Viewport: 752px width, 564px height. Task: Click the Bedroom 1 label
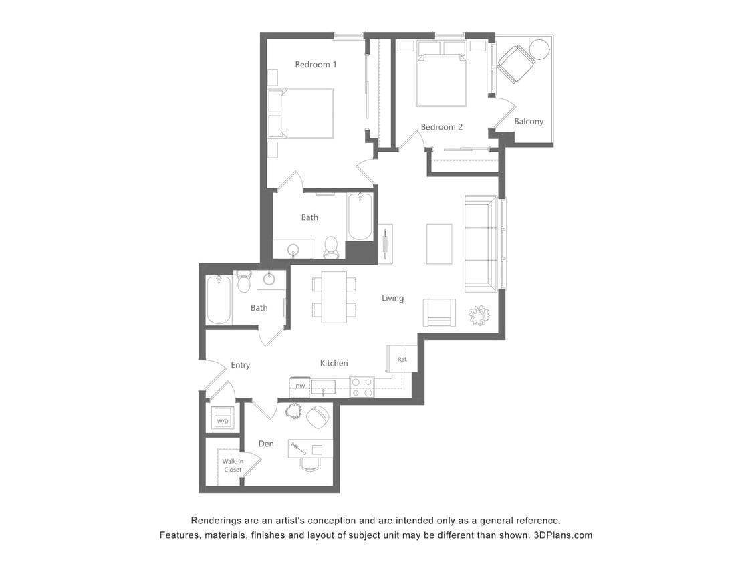pos(316,65)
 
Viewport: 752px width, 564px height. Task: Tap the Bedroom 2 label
pos(441,127)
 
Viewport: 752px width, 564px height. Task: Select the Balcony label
pos(529,122)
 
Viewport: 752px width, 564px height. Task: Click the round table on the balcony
pos(539,49)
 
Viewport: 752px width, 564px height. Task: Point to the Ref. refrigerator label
pos(402,360)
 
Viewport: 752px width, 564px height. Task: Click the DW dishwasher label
pos(300,387)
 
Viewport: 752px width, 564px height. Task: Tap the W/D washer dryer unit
pos(223,418)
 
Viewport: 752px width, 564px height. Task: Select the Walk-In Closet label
pos(233,465)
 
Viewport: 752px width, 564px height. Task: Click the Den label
pos(266,444)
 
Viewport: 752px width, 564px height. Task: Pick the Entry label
pos(240,365)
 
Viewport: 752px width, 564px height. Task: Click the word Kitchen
pos(334,363)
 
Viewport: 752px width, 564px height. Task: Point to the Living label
pos(392,298)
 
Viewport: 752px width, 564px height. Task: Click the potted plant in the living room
pos(479,315)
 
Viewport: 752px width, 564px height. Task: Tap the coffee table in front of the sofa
pos(439,244)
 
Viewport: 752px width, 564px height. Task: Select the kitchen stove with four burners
pos(362,387)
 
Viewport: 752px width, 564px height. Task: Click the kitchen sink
pos(323,387)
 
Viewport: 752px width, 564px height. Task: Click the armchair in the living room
pos(439,312)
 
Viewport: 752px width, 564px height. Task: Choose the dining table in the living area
pos(334,297)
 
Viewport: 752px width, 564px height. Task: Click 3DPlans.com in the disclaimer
pos(563,535)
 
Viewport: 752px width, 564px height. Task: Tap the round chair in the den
pos(318,416)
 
